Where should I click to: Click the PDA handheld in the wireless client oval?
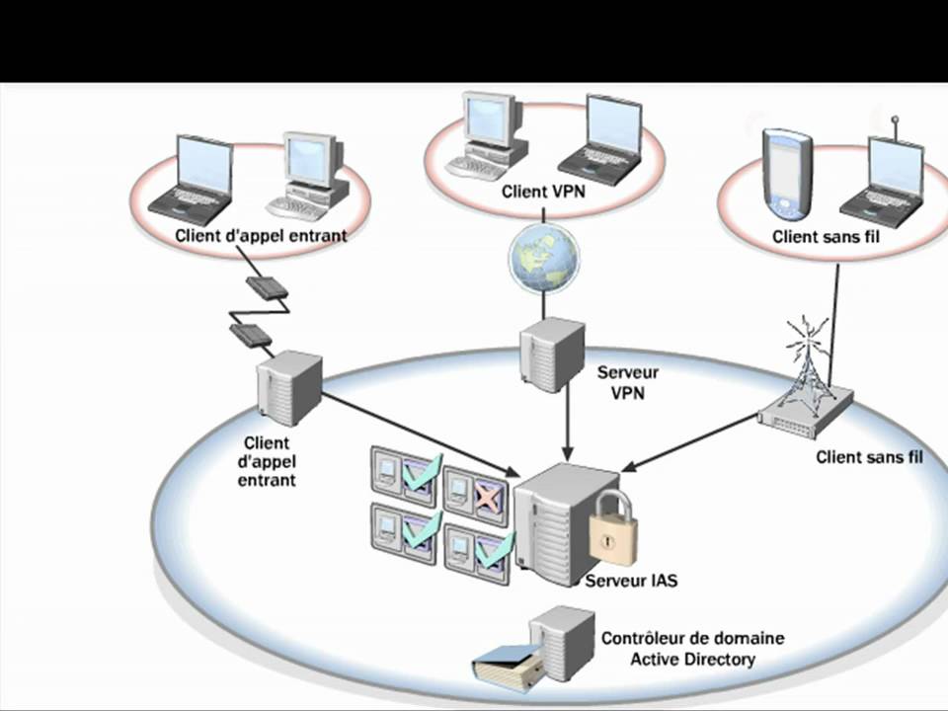coord(787,176)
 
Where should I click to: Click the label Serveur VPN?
coord(628,382)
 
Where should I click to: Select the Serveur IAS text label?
coord(631,581)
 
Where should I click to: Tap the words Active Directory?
coord(692,659)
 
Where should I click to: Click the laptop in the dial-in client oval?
coord(194,178)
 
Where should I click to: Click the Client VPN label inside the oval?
coord(543,192)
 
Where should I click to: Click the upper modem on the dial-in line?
coord(267,287)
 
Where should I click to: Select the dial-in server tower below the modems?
coord(288,387)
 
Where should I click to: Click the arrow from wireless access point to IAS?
coord(691,441)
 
